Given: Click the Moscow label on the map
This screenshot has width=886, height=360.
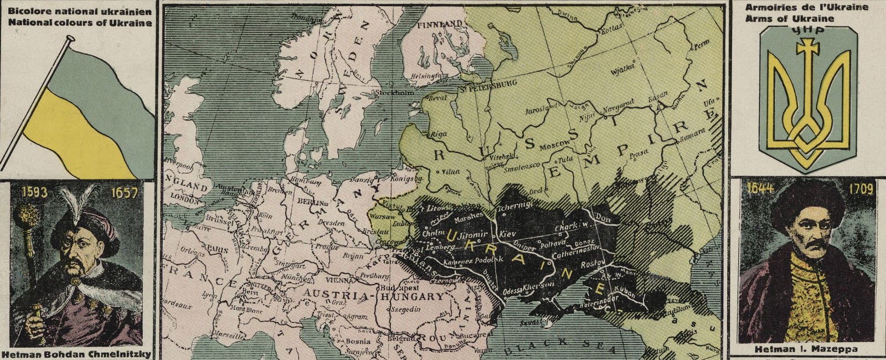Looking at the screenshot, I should pos(554,145).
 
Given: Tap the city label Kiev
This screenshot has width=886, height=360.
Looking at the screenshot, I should pos(508,234).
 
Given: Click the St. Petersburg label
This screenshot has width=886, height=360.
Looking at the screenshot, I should pos(488,84).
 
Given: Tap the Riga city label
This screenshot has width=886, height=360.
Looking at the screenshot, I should pos(439,134).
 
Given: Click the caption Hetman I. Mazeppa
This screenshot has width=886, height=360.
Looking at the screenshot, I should pos(806,349).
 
